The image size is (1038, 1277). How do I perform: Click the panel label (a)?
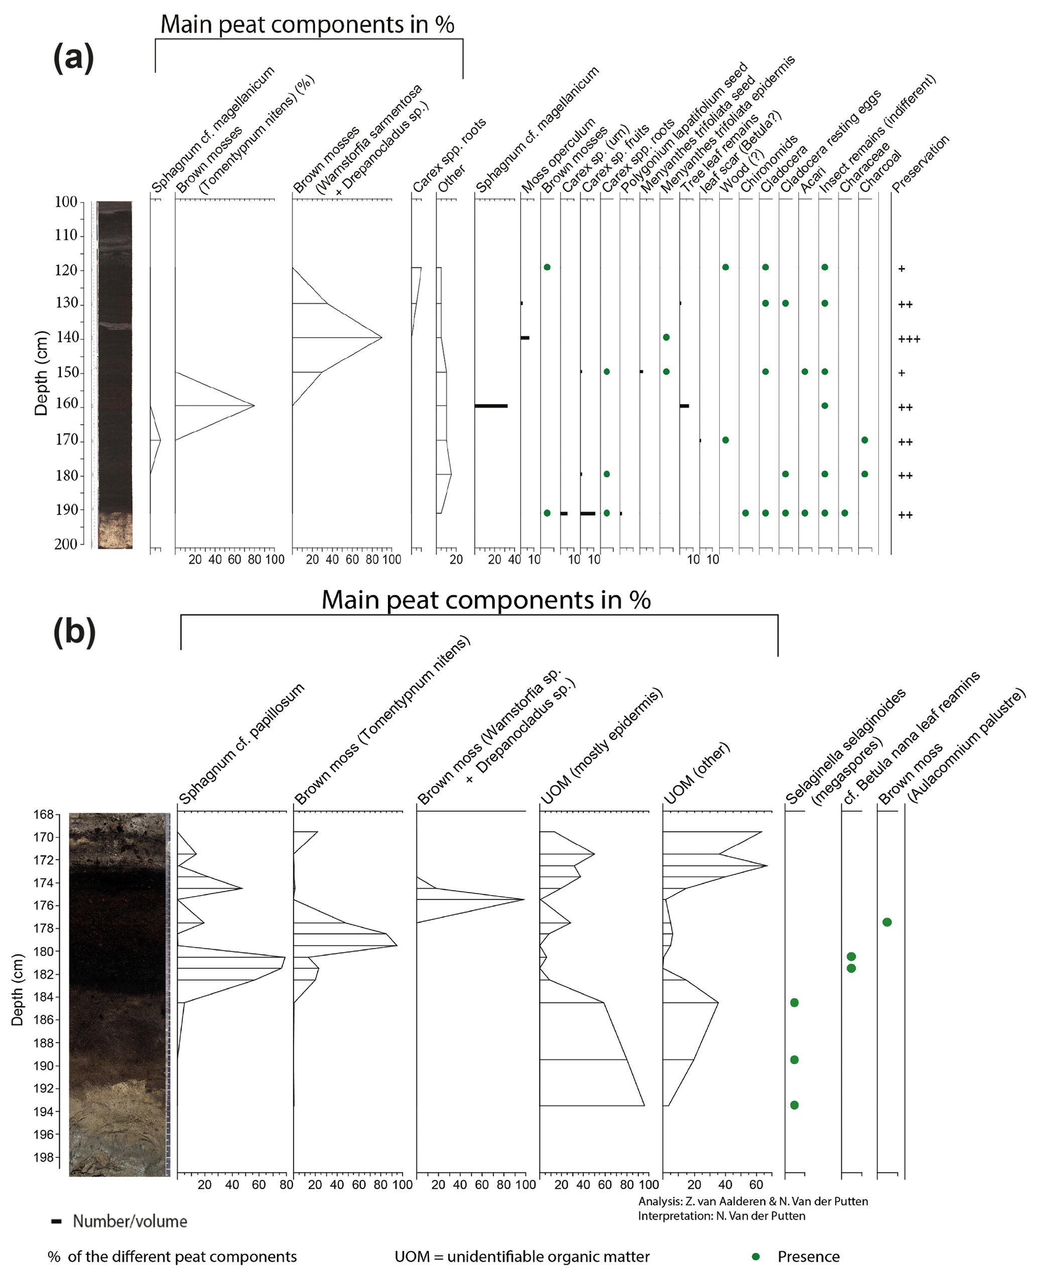point(74,58)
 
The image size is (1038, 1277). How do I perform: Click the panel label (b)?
point(74,632)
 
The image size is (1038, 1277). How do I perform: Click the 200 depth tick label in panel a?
point(66,544)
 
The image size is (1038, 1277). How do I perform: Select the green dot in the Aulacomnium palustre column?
point(887,922)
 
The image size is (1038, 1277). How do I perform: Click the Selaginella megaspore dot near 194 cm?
point(794,1105)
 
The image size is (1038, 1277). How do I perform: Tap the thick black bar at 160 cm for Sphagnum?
point(491,406)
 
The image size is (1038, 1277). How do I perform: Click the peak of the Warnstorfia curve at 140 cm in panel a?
point(381,338)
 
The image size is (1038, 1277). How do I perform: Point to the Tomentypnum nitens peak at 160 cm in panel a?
point(253,406)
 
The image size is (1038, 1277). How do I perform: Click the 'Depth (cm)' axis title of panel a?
point(41,372)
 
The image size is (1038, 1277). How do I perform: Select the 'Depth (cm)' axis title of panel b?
point(18,989)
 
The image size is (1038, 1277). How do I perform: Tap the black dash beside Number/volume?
point(57,1221)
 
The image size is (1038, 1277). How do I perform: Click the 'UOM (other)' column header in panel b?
point(697,773)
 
